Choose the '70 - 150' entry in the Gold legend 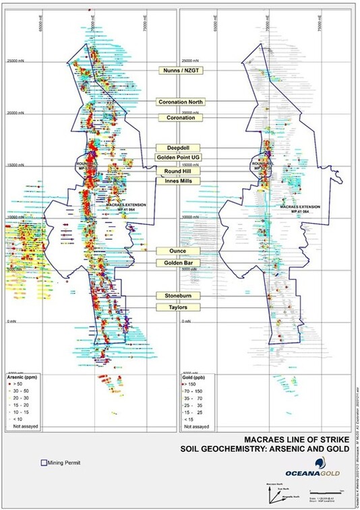(196, 390)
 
